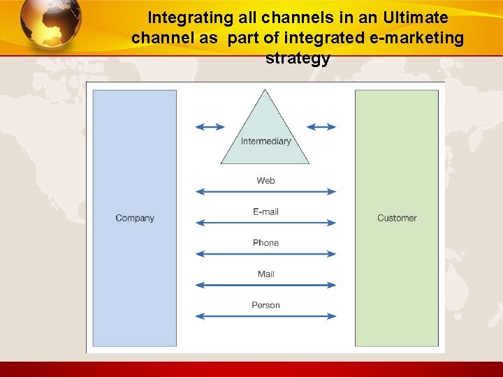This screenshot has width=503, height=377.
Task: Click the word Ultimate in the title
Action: coord(412,17)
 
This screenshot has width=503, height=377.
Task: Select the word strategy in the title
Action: coord(298,59)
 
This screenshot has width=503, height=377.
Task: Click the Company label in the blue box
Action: coord(135,218)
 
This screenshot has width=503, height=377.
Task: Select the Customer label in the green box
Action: coord(397,218)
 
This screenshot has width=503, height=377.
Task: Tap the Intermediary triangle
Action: coord(265,133)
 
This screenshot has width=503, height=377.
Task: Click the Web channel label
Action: coord(265,180)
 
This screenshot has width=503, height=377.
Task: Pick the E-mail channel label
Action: coord(265,212)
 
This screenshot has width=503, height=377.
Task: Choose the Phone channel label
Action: coord(265,243)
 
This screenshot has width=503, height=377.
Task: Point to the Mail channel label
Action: coord(265,274)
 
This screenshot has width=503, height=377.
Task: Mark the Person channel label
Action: coord(265,305)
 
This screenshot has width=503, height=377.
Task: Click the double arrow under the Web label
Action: coord(265,191)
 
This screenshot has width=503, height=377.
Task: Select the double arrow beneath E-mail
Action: coord(265,223)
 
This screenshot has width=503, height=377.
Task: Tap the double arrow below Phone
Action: coord(265,254)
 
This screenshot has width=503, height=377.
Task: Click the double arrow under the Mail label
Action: coord(265,285)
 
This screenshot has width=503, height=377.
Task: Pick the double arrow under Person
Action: coord(265,316)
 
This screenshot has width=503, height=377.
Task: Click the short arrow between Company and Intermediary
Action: coord(210,127)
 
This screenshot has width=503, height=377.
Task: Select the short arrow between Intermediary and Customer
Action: coord(321,127)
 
